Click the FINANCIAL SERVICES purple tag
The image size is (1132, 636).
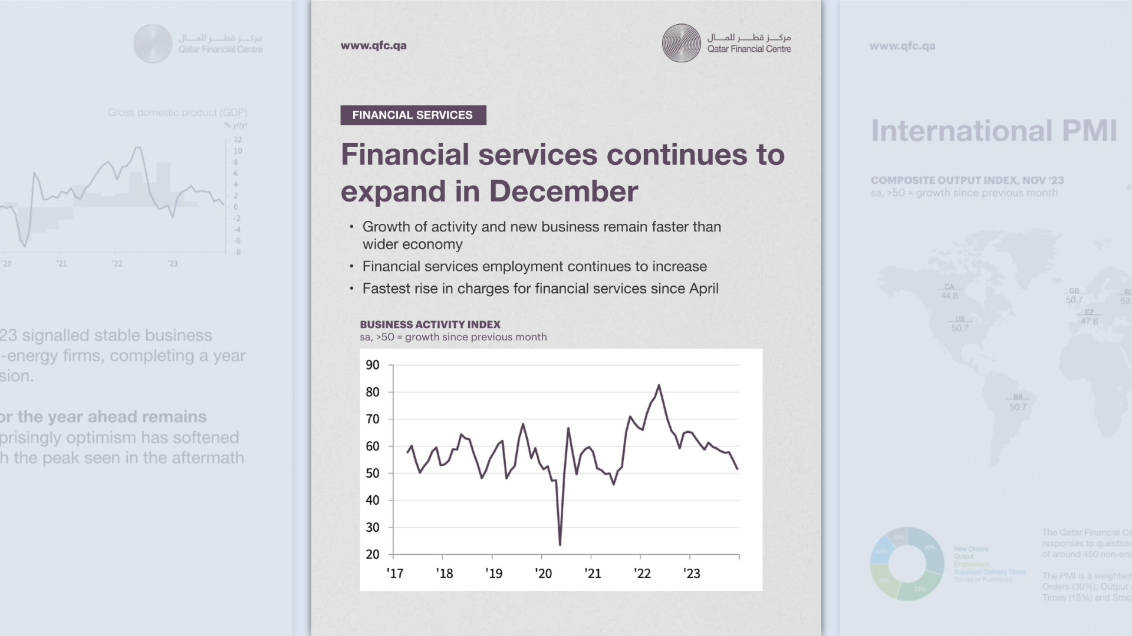pos(413,115)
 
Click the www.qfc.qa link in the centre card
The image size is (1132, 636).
pos(373,45)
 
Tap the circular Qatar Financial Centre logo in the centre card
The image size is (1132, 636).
pos(681,43)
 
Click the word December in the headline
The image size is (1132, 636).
pos(563,191)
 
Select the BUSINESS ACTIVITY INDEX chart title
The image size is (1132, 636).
pos(430,324)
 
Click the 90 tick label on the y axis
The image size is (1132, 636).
pos(373,365)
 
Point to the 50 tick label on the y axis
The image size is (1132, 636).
pos(373,473)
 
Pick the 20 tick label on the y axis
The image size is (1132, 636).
pos(373,555)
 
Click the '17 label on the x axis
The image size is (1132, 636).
pos(395,574)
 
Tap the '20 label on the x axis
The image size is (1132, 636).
pos(543,574)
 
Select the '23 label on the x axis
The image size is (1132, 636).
pos(692,574)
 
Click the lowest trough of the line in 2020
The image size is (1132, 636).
pos(560,545)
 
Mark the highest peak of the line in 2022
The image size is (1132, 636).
pos(659,386)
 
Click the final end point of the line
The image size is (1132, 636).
pos(738,469)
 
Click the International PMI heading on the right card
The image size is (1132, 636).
pos(993,131)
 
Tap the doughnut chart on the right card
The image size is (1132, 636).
pos(907,564)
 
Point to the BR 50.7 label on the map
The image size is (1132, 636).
pos(1018,402)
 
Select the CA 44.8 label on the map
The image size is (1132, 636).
pos(949,291)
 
